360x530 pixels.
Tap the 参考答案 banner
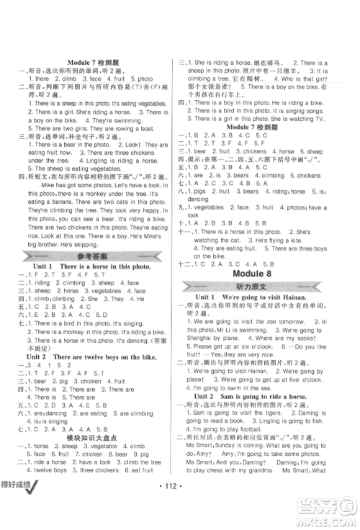coord(93,260)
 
